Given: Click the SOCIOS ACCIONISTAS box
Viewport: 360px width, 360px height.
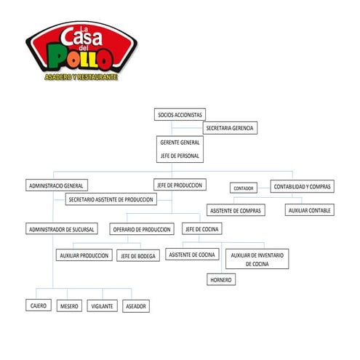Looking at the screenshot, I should [180, 114].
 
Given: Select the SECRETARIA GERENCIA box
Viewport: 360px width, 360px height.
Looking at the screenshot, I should [231, 128].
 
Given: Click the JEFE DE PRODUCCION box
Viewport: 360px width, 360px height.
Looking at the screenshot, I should [179, 185].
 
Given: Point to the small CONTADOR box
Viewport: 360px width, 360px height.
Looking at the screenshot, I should [244, 188].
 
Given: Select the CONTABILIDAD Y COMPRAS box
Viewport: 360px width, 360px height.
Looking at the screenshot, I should [303, 186].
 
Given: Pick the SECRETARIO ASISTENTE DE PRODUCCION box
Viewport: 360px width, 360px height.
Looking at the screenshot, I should [111, 199].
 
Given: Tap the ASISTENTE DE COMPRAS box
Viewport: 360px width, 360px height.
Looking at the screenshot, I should [235, 210].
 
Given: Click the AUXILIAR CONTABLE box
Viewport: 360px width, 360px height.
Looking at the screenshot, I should [309, 210].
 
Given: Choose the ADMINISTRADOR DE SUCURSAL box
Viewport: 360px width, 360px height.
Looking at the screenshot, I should [63, 229].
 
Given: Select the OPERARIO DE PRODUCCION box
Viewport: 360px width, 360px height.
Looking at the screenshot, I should [143, 229].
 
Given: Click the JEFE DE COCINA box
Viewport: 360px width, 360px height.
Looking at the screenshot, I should [202, 229].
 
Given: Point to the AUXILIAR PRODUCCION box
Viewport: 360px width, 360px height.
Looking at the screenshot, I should [84, 255].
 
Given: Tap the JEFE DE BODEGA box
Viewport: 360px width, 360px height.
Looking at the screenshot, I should [138, 255].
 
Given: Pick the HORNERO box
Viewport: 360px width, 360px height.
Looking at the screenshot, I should [221, 279].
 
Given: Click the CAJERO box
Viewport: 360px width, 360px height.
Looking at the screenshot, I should [39, 306].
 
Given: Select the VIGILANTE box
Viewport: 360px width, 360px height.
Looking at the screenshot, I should [102, 306].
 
